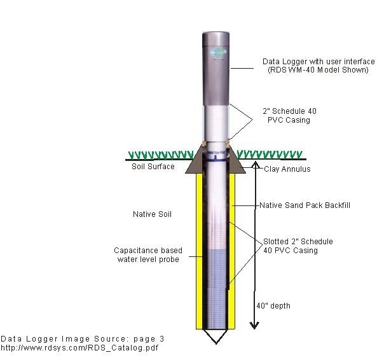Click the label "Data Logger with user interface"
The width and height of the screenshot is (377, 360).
point(319,62)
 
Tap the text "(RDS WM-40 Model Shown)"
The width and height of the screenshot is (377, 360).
point(318,70)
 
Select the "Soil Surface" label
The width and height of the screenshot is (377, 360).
point(153,167)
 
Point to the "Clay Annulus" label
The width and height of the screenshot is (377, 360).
point(287,169)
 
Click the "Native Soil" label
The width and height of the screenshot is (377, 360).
point(152,214)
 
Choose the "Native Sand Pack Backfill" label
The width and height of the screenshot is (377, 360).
point(305,205)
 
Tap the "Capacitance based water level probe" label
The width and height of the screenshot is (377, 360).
point(148,255)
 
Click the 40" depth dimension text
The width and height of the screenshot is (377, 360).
point(273,306)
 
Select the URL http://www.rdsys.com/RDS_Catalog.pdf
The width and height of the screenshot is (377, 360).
point(79,348)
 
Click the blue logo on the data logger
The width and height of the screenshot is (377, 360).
point(219,53)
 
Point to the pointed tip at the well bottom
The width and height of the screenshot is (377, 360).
point(216,344)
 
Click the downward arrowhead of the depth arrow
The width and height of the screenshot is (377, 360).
point(254,326)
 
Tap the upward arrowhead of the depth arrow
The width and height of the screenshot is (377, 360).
point(256,165)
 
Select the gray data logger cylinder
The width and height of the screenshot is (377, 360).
point(216,69)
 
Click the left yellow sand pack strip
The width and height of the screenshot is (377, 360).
point(200,251)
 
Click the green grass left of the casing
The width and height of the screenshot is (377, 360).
point(161,155)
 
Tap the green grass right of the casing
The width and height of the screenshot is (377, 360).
point(270,155)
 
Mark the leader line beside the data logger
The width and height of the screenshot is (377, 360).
point(242,68)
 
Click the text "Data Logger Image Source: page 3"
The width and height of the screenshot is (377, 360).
point(83,339)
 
